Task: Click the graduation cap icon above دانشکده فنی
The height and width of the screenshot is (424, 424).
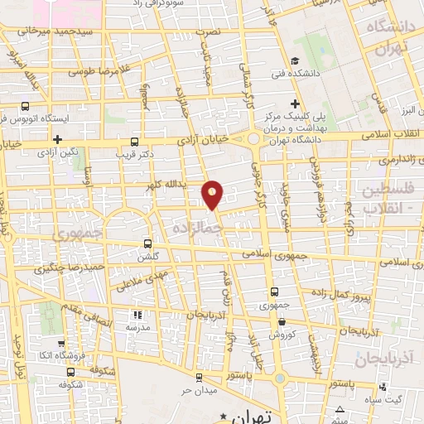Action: point(296,60)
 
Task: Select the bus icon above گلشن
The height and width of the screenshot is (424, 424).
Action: point(147,243)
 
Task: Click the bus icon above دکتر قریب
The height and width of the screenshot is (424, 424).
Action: point(134,141)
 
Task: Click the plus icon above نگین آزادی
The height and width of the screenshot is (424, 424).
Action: point(56,139)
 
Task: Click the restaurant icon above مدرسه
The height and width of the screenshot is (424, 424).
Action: point(137,315)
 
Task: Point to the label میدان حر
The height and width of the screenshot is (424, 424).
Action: point(199,389)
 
